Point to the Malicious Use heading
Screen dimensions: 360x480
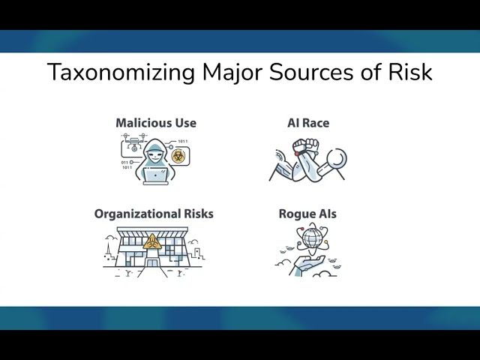tap(156, 123)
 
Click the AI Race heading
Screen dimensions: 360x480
tap(308, 123)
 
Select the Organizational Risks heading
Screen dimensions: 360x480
tap(154, 214)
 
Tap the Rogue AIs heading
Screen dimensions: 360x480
tap(307, 214)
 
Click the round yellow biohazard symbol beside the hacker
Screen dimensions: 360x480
tap(178, 155)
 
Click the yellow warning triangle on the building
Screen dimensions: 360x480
tap(153, 241)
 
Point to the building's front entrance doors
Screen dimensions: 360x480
tap(153, 260)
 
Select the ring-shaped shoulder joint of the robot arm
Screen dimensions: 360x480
tap(337, 159)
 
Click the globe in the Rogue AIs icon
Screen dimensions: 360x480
tap(311, 241)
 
